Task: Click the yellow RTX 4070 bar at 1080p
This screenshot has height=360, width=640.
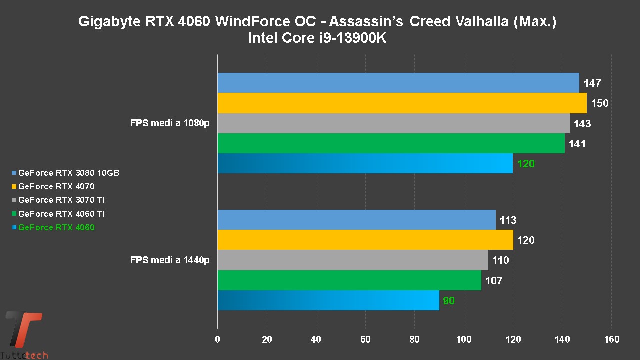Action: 402,103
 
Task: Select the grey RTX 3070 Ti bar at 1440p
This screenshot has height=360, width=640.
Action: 353,260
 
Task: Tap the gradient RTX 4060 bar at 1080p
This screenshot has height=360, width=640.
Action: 365,163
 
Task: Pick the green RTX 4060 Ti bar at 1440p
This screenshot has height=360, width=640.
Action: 349,280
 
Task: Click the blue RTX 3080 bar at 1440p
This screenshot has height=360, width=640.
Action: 356,220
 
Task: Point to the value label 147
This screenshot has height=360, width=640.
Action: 592,83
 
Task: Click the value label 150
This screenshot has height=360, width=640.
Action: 600,103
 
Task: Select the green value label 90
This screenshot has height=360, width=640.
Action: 449,301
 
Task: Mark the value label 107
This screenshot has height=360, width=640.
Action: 493,281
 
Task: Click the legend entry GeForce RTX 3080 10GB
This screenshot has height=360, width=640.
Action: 68,173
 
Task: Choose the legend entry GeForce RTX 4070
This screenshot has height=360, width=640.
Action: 56,187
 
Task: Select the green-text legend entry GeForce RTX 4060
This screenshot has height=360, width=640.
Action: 56,228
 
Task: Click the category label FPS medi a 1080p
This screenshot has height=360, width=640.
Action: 170,123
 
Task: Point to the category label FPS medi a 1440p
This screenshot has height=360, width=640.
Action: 170,260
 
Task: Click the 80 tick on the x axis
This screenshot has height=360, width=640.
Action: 414,340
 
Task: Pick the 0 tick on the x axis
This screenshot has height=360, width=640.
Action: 217,340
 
